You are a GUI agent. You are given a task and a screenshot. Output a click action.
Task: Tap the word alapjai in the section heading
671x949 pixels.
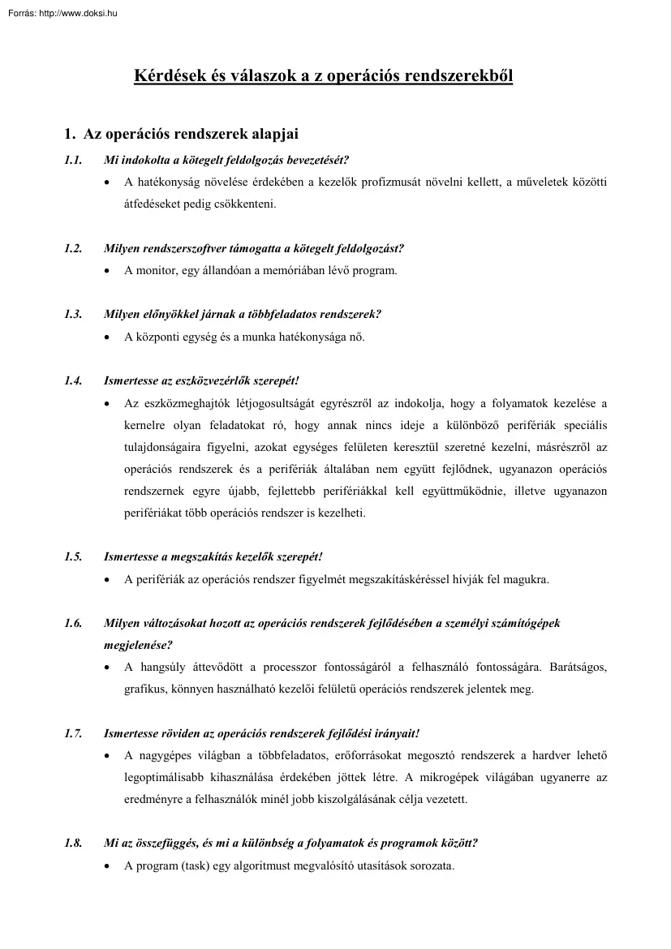pyautogui.click(x=274, y=133)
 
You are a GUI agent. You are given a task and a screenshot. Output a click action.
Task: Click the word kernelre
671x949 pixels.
pyautogui.click(x=144, y=425)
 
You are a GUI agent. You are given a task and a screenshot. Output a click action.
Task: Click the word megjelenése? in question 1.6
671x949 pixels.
pyautogui.click(x=138, y=645)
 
